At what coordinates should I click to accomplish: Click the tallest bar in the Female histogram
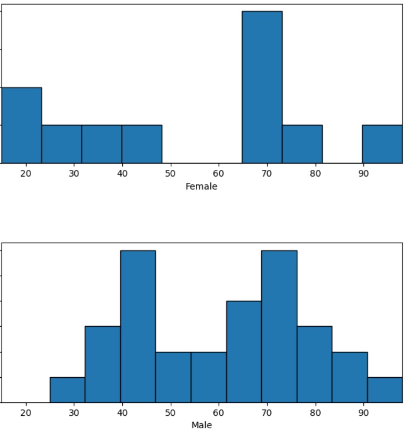click(262, 87)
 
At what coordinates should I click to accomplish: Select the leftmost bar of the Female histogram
click(21, 125)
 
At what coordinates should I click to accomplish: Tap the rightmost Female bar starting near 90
click(383, 144)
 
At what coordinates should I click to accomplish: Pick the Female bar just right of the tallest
click(302, 144)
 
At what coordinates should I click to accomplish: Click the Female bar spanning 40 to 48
click(142, 144)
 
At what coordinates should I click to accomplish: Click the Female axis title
click(201, 187)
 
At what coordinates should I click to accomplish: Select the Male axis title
click(201, 425)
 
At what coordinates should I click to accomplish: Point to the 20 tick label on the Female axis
click(26, 174)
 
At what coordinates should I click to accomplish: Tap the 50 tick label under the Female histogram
click(170, 174)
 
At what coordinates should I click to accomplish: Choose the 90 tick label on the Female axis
click(363, 174)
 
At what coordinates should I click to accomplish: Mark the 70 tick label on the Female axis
click(267, 174)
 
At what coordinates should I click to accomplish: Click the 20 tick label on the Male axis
click(26, 413)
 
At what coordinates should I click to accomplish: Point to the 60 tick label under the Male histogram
click(219, 413)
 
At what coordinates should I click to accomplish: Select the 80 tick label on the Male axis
click(315, 413)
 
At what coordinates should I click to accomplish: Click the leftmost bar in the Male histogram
click(67, 390)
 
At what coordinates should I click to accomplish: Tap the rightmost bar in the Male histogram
click(385, 390)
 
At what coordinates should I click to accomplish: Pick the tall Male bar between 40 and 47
click(138, 326)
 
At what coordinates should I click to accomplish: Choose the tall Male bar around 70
click(279, 326)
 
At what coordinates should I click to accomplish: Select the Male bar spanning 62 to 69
click(244, 352)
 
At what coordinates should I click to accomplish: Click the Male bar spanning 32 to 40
click(103, 364)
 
